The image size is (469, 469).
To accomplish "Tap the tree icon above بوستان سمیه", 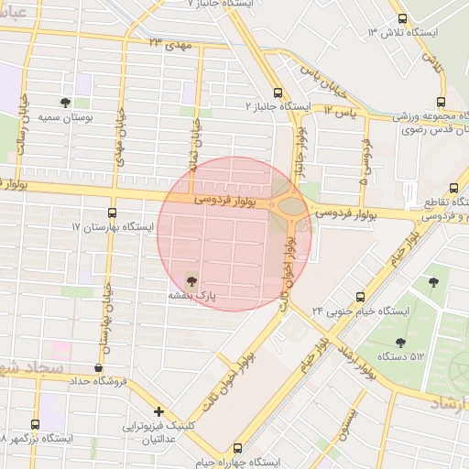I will [65, 103].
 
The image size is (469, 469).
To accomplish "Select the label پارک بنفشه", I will [191, 296].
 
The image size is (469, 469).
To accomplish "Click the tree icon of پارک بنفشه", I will [191, 279].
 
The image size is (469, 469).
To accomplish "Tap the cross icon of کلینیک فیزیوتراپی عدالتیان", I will [159, 411].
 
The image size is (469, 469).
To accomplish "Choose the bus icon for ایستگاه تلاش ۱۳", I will [402, 19].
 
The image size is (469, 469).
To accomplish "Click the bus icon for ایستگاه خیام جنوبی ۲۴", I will [360, 297].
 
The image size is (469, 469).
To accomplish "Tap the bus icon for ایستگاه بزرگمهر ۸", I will [35, 424].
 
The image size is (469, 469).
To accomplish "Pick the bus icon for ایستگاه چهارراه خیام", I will [237, 449].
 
